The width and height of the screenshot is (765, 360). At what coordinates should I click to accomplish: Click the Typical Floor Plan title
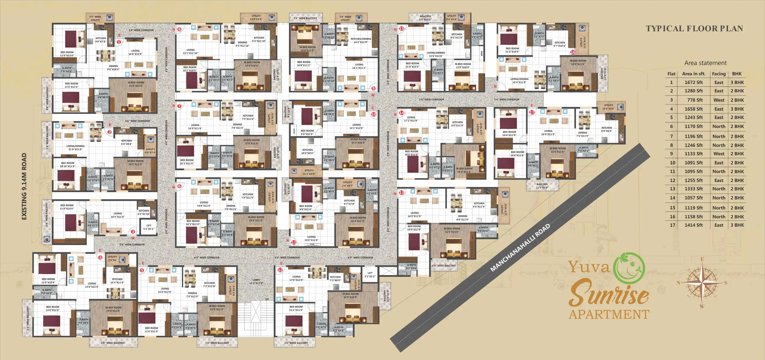coord(694,29)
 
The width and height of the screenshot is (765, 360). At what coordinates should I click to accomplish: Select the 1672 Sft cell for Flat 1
coord(694,83)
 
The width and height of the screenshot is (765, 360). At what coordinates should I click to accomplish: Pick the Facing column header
coord(719,74)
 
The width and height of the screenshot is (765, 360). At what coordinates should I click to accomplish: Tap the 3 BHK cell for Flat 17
coord(737,225)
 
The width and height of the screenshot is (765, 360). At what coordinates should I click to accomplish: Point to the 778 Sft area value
coord(695,100)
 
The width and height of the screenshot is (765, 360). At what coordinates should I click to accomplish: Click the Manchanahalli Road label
coord(520,248)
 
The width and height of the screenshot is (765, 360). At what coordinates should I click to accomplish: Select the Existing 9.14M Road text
coord(24,186)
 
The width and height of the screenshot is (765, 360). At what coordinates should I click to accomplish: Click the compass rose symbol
coord(702,282)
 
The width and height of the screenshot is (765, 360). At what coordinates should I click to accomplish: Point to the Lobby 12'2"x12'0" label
coord(256,281)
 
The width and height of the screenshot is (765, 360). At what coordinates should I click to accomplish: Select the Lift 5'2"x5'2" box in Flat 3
coord(149,227)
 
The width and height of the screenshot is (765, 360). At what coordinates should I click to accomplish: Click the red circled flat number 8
coord(179,30)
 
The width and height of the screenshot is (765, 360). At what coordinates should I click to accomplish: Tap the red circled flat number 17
coord(532,112)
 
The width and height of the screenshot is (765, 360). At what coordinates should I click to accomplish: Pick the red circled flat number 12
coord(280,270)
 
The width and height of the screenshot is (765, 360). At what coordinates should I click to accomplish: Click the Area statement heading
coord(705,63)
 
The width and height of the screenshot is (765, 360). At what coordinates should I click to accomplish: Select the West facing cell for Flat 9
coord(719,154)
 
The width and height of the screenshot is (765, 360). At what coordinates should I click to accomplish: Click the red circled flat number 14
coord(401,113)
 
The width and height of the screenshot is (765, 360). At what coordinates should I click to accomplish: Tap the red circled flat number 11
coord(294,242)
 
